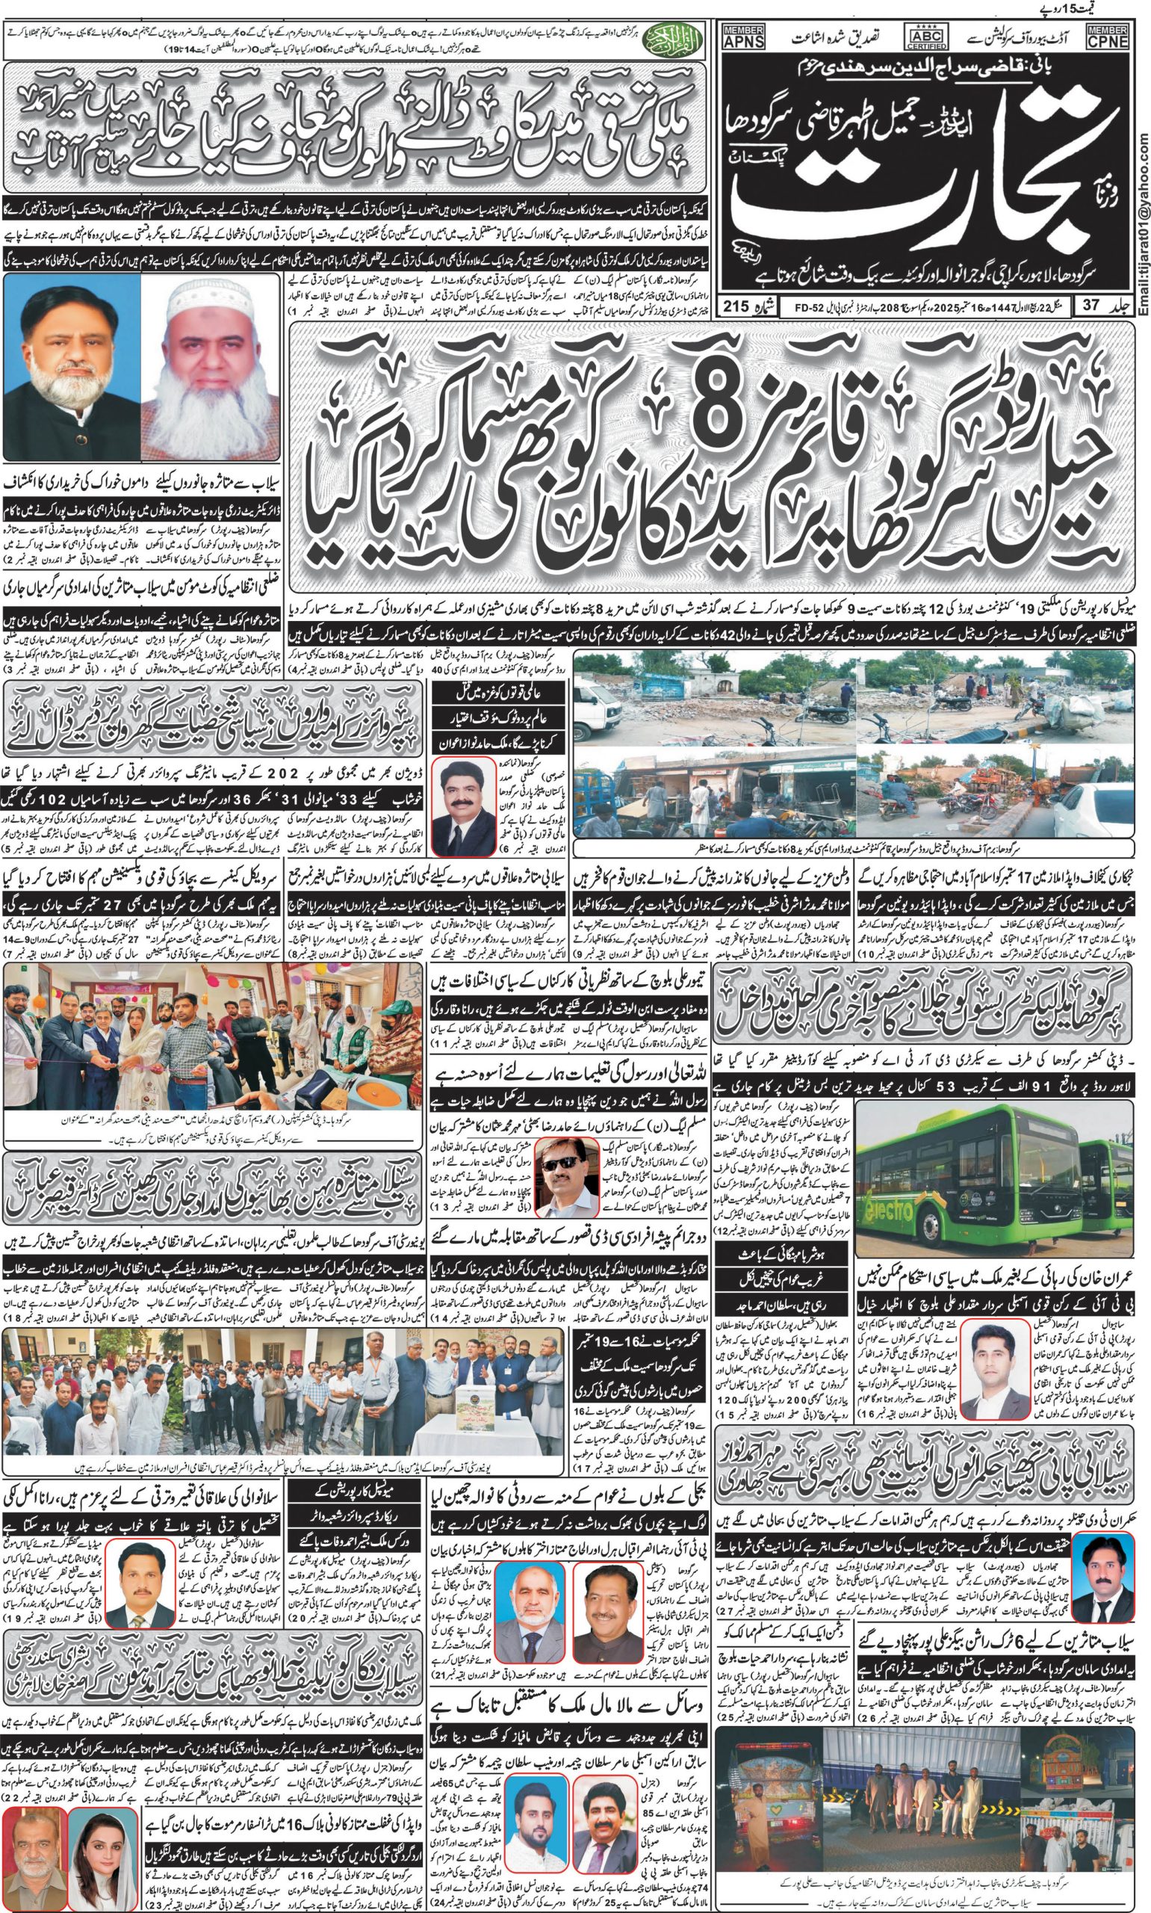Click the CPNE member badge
tap(1107, 37)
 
